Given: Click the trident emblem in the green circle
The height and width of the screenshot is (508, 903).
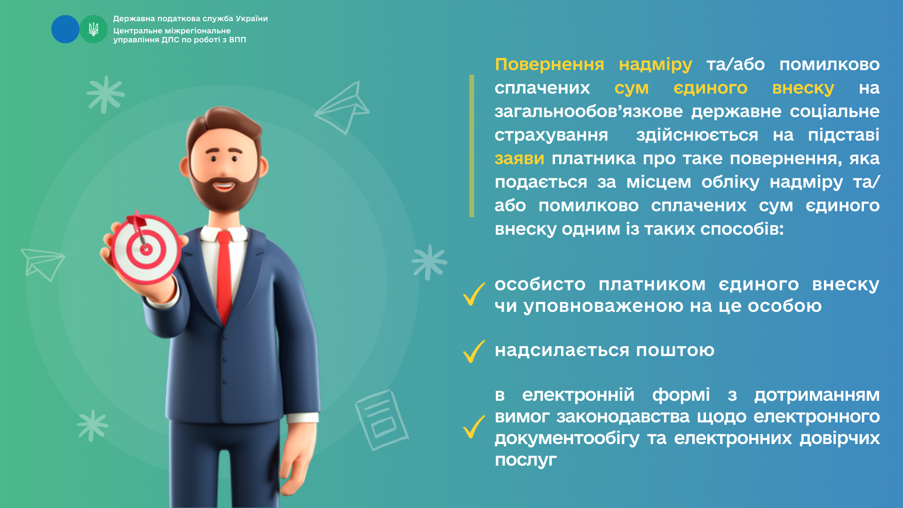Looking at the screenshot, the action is pyautogui.click(x=94, y=29).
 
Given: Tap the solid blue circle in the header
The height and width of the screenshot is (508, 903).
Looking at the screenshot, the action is pyautogui.click(x=65, y=29).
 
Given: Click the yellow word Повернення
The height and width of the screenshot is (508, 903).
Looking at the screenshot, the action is pyautogui.click(x=549, y=64).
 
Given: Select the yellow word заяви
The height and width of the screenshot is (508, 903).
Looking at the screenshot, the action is pyautogui.click(x=519, y=159).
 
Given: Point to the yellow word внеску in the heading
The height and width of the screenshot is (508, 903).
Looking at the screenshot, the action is pyautogui.click(x=803, y=88).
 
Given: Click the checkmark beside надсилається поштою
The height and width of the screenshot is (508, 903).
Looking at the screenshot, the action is pyautogui.click(x=474, y=351).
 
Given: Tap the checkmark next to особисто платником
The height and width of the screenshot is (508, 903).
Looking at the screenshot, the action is pyautogui.click(x=474, y=294).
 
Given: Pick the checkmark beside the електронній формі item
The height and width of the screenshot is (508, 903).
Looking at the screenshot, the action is pyautogui.click(x=474, y=427).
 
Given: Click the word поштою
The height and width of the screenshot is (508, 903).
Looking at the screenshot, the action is pyautogui.click(x=675, y=350).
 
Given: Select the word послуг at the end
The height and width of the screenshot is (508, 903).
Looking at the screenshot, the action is pyautogui.click(x=526, y=460).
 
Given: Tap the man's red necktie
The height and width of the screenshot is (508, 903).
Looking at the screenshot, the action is pyautogui.click(x=224, y=278).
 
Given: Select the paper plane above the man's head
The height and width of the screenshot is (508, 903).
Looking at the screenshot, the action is pyautogui.click(x=342, y=108).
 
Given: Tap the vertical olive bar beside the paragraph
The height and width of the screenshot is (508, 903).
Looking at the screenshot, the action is pyautogui.click(x=472, y=146).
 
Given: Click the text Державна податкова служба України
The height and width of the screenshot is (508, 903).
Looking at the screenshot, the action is pyautogui.click(x=190, y=19).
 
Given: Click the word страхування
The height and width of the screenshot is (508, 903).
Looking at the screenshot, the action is pyautogui.click(x=551, y=135).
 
